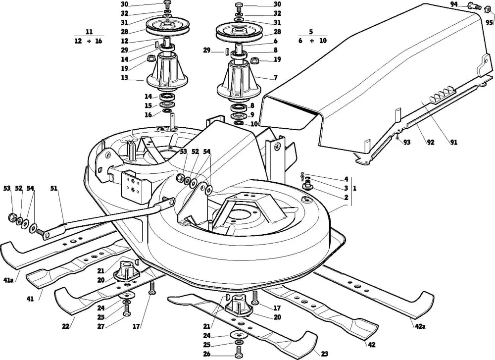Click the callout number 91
pos(453,143)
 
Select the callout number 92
pos(431,143)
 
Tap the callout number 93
pos(407,143)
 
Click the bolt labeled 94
pos(474,5)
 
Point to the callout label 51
pos(54,189)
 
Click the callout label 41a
pos(8,280)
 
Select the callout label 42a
pos(420,326)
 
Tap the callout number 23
pos(324,354)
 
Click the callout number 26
pos(207,354)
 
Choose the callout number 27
pos(100,326)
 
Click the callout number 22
pos(65,326)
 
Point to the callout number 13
pos(125,78)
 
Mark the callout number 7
pos(276,78)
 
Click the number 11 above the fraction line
pos(89,32)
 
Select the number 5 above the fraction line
pos(311,32)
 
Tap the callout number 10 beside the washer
pos(254,124)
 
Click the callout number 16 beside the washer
pos(148,115)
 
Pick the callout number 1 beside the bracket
pos(354,189)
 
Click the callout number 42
pos(372,345)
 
